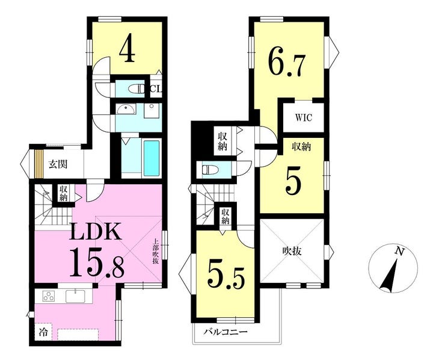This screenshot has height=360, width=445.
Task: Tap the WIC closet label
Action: coord(304,117)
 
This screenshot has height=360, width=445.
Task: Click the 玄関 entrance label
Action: coord(58,164)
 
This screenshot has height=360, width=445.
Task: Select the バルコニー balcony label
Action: coord(226,332)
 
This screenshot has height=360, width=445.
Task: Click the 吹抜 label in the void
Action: coord(292,251)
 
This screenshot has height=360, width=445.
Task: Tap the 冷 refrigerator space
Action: coord(43,332)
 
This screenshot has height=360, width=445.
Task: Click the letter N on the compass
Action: coord(399,251)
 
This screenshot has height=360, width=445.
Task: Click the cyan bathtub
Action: coord(152,158)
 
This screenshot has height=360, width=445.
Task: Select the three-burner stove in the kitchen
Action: coord(49,296)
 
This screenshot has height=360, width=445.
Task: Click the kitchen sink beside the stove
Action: coord(76,296)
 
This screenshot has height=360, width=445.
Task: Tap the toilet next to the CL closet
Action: coord(137,89)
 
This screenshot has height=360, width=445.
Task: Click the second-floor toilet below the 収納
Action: coord(210,170)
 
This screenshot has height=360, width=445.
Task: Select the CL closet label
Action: coord(156,89)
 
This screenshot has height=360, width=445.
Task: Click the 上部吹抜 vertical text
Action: coord(156,251)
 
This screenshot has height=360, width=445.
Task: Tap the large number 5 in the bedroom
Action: coord(293,184)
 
